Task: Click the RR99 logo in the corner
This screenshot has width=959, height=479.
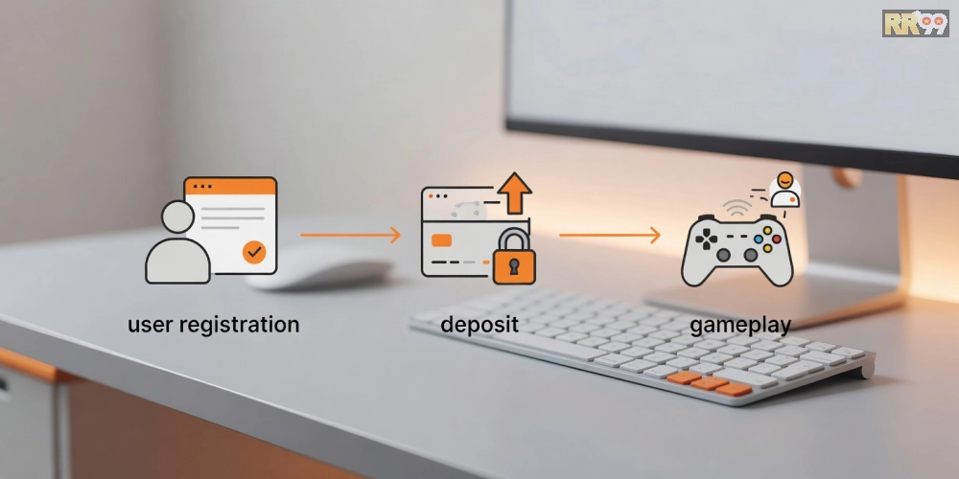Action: pyautogui.click(x=915, y=23)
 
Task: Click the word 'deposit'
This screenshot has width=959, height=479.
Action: pyautogui.click(x=479, y=324)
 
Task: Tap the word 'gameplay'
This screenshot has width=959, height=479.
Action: pyautogui.click(x=740, y=325)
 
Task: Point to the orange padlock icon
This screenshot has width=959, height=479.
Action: pyautogui.click(x=514, y=257)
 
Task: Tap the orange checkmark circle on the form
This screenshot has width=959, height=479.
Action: pyautogui.click(x=254, y=252)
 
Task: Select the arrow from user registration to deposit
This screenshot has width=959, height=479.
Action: pyautogui.click(x=350, y=235)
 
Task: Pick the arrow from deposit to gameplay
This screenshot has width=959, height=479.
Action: pyautogui.click(x=610, y=235)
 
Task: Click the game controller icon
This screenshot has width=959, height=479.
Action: pyautogui.click(x=737, y=250)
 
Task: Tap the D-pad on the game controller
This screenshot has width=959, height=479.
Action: pyautogui.click(x=708, y=239)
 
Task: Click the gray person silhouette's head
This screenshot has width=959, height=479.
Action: pyautogui.click(x=178, y=217)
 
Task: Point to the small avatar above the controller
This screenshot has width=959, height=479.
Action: pyautogui.click(x=784, y=190)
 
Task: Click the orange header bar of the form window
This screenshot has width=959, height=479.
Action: pyautogui.click(x=230, y=186)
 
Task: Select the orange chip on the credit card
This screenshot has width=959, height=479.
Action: pyautogui.click(x=441, y=240)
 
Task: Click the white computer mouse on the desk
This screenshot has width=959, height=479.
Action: pyautogui.click(x=318, y=267)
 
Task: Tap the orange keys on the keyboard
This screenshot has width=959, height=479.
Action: pyautogui.click(x=709, y=383)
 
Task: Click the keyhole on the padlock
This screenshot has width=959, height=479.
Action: pyautogui.click(x=514, y=266)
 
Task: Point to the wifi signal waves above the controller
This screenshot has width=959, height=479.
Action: pyautogui.click(x=737, y=207)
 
